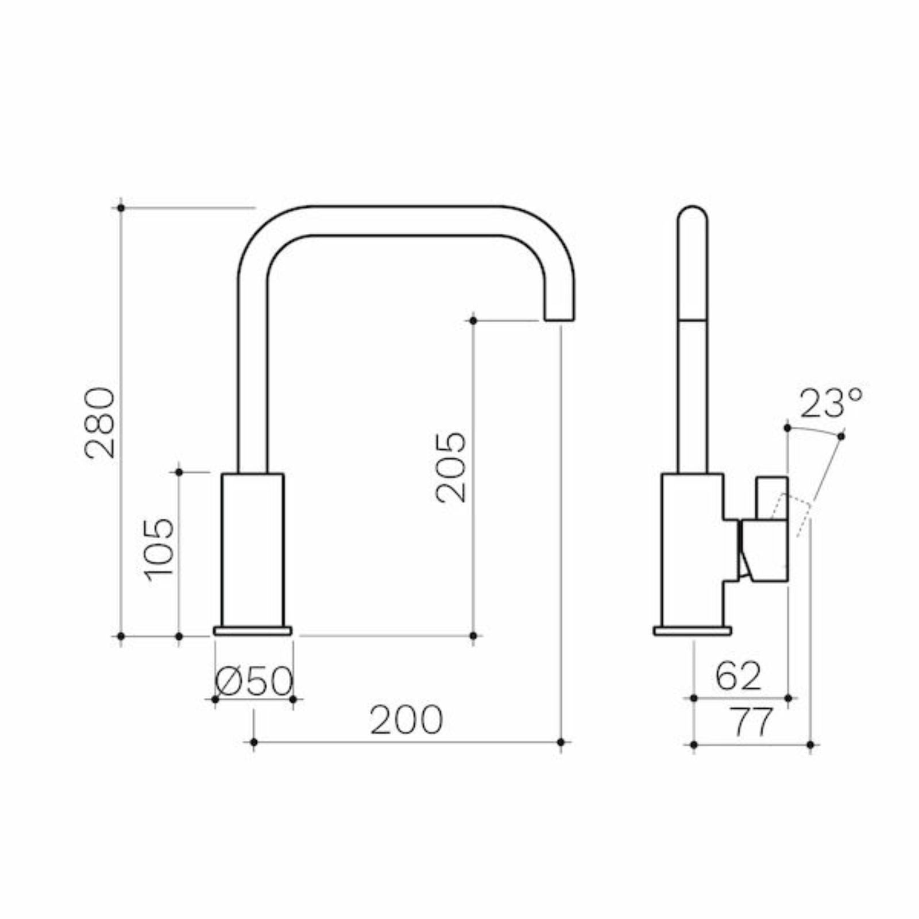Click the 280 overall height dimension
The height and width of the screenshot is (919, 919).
(x=101, y=423)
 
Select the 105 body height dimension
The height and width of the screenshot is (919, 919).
(x=158, y=550)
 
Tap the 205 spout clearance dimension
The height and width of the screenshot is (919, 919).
(x=451, y=468)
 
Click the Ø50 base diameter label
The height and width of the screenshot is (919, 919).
(x=254, y=683)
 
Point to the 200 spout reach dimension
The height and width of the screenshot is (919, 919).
(x=406, y=720)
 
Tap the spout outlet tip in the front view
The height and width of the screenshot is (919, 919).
(x=559, y=317)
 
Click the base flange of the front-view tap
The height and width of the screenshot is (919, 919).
(x=253, y=631)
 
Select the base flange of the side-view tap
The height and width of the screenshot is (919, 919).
(x=693, y=631)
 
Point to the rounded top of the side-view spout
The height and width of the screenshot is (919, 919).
(x=692, y=215)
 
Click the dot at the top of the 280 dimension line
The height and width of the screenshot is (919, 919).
(x=121, y=207)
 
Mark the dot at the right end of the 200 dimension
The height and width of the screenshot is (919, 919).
(x=561, y=743)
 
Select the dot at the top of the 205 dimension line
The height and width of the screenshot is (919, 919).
(x=473, y=321)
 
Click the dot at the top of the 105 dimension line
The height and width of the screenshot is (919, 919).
(x=179, y=472)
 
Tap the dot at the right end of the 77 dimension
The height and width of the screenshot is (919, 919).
(x=810, y=744)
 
